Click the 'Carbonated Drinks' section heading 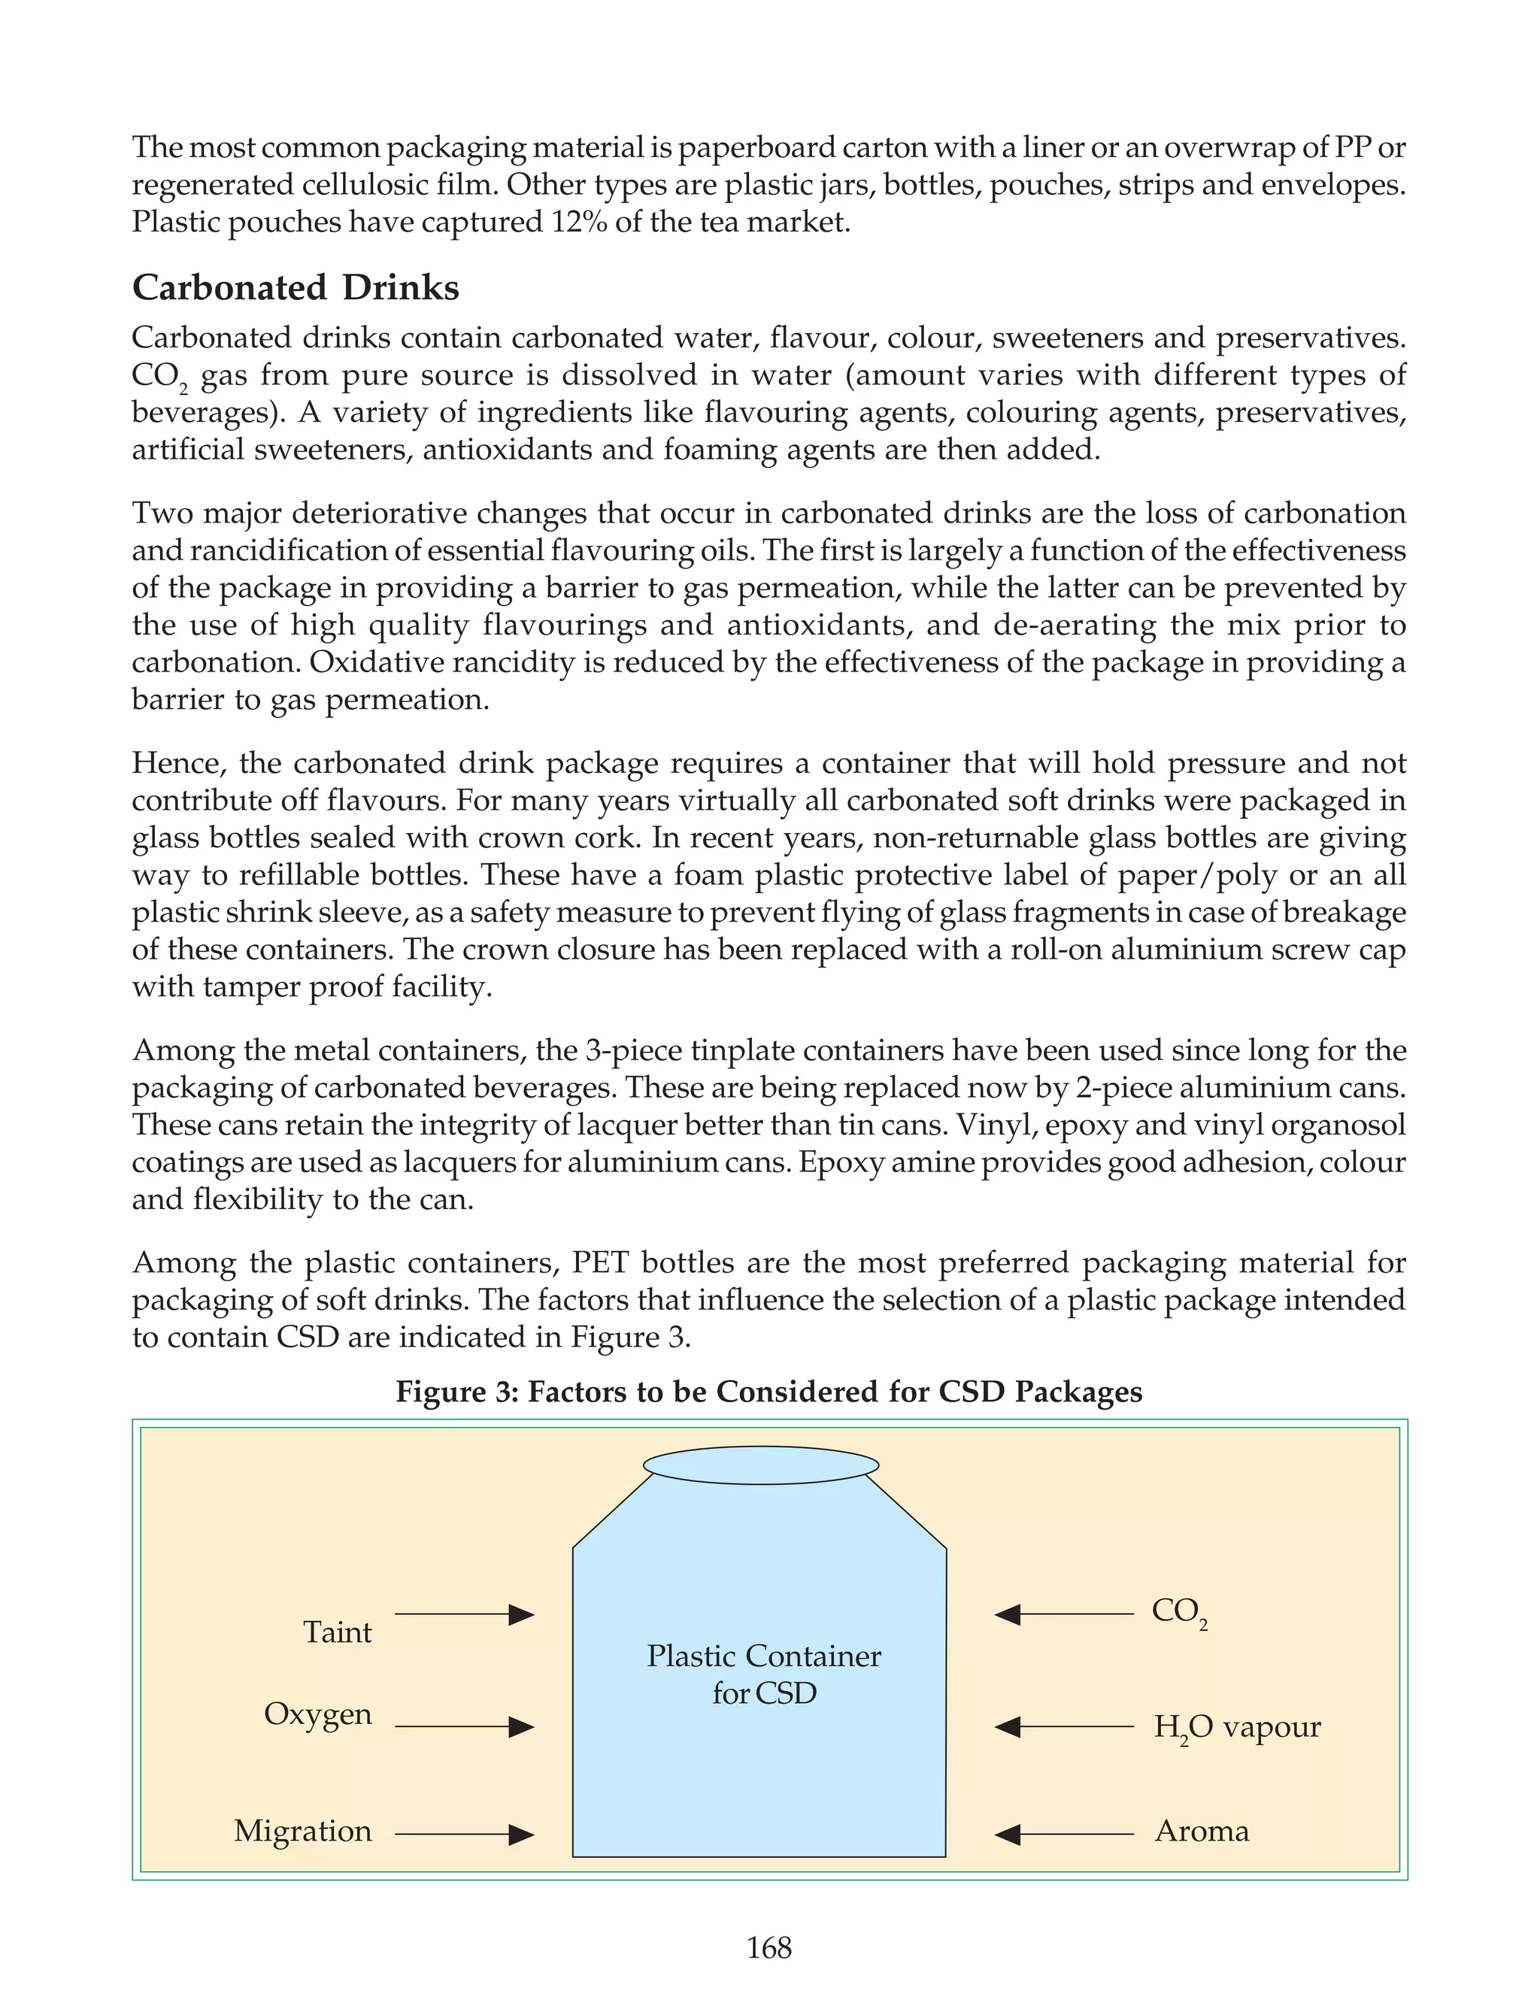(296, 288)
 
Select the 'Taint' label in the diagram (338, 1632)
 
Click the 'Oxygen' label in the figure (318, 1714)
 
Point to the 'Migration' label (302, 1832)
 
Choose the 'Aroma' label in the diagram (1202, 1832)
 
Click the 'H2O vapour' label (1236, 1728)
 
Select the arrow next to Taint (465, 1615)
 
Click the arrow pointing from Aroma (1064, 1834)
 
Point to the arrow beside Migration (465, 1834)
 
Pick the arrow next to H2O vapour (1064, 1727)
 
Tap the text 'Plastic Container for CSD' (763, 1674)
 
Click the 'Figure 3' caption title (769, 1392)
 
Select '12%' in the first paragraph (578, 223)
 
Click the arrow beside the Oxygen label (465, 1727)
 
